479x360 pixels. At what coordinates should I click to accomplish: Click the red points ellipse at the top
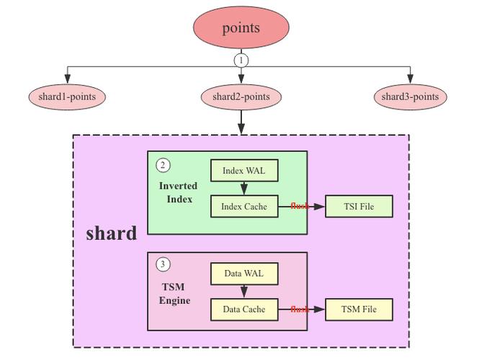click(x=241, y=28)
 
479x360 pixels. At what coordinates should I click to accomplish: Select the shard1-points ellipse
click(x=68, y=96)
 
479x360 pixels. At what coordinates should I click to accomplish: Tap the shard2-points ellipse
click(x=241, y=96)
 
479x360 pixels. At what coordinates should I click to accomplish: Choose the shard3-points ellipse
click(x=410, y=96)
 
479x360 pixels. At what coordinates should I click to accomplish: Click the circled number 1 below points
click(x=241, y=60)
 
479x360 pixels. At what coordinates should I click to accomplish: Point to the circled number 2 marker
click(x=164, y=166)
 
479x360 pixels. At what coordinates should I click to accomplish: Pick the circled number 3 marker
click(x=164, y=265)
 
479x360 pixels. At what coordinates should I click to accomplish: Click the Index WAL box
click(x=243, y=171)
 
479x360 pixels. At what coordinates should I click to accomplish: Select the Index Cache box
click(x=243, y=207)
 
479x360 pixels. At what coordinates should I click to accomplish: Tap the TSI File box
click(x=359, y=207)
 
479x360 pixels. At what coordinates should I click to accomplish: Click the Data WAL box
click(x=243, y=274)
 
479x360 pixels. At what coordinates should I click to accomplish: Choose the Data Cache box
click(x=243, y=310)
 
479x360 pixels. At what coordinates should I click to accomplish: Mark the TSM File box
click(x=359, y=310)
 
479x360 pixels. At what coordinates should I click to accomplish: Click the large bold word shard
click(x=111, y=233)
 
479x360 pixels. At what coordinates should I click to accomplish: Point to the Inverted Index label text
click(x=178, y=192)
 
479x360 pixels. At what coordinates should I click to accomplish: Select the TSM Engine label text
click(x=174, y=294)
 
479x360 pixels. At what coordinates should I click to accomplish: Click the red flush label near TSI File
click(x=300, y=207)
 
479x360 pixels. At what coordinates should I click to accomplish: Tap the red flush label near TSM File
click(x=300, y=310)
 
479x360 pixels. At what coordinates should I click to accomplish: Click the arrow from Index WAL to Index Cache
click(x=243, y=188)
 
